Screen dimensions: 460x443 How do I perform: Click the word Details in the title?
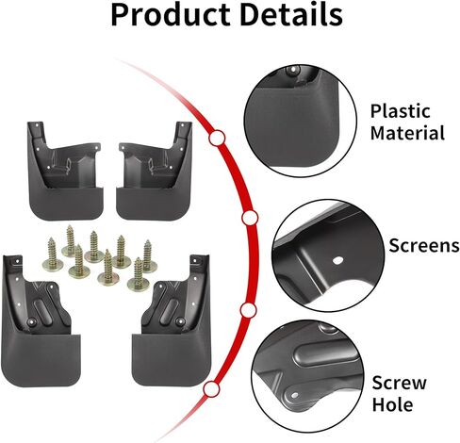tap(291, 14)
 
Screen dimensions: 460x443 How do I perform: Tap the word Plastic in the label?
tap(401, 111)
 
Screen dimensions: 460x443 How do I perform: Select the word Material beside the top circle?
tap(407, 133)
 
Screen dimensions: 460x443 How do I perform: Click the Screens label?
tap(424, 245)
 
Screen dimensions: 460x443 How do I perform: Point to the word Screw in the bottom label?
tap(400, 383)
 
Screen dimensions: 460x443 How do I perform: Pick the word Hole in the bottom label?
tap(392, 404)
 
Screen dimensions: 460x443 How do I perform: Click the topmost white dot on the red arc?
tap(217, 138)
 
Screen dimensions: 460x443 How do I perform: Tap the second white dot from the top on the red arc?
tap(250, 218)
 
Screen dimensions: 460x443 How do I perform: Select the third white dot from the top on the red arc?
tap(248, 310)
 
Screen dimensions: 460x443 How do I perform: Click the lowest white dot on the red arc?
tap(211, 389)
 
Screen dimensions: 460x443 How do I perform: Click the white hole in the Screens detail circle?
tap(337, 260)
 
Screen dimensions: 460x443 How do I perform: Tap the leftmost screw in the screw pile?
tap(52, 255)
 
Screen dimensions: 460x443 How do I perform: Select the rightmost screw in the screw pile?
tap(148, 256)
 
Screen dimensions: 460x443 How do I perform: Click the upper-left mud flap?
tap(65, 171)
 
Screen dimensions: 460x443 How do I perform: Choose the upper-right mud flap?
tap(155, 171)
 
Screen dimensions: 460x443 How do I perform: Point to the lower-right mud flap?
tap(172, 320)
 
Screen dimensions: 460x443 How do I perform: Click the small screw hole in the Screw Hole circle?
tap(294, 395)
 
